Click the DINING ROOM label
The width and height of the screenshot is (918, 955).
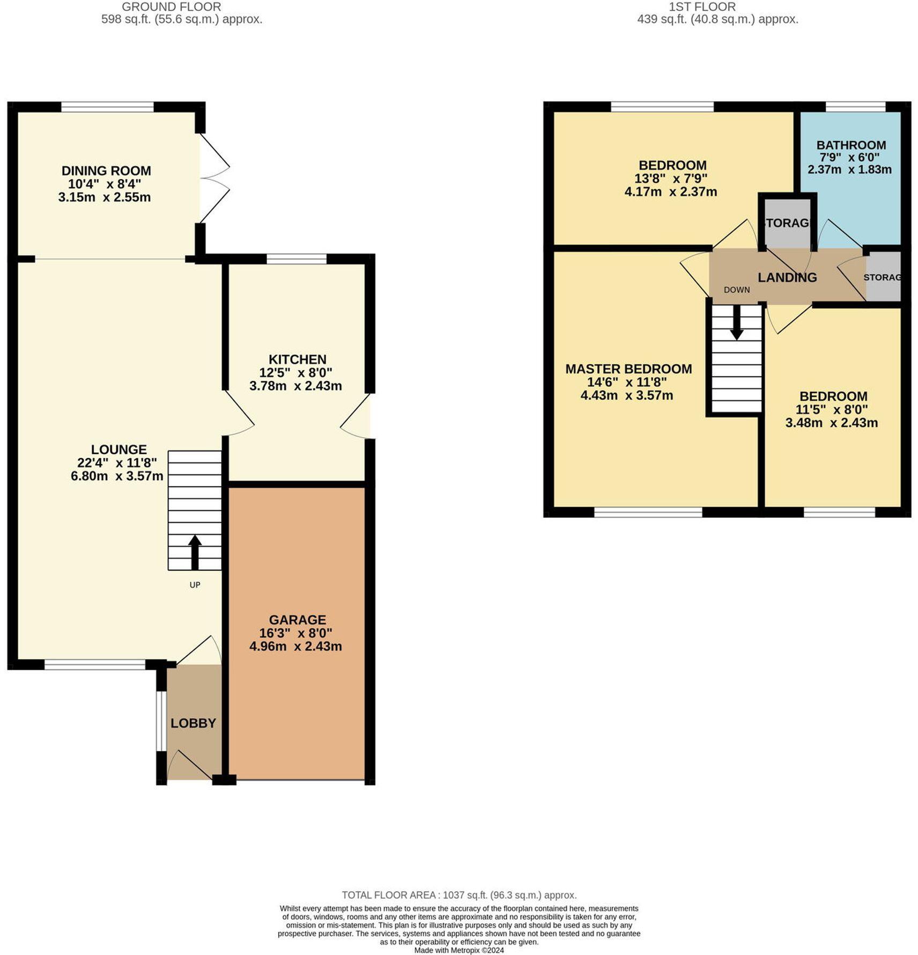[106, 171]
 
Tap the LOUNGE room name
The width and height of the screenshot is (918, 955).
[119, 449]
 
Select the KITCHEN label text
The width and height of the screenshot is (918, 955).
[297, 359]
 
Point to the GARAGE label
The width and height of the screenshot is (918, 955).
[297, 620]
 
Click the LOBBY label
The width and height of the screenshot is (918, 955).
[193, 723]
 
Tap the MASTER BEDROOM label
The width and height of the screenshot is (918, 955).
[628, 369]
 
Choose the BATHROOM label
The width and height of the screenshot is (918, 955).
[850, 145]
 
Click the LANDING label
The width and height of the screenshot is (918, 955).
[787, 277]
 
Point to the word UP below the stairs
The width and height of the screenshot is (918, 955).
[195, 585]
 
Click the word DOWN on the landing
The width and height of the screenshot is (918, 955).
[736, 290]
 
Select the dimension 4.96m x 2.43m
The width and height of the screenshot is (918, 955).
[295, 647]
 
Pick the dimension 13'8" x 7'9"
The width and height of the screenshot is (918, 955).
[672, 178]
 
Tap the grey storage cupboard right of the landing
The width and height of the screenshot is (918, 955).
[883, 277]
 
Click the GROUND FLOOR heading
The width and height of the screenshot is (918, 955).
[171, 7]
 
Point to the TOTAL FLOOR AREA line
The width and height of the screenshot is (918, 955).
[459, 895]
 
